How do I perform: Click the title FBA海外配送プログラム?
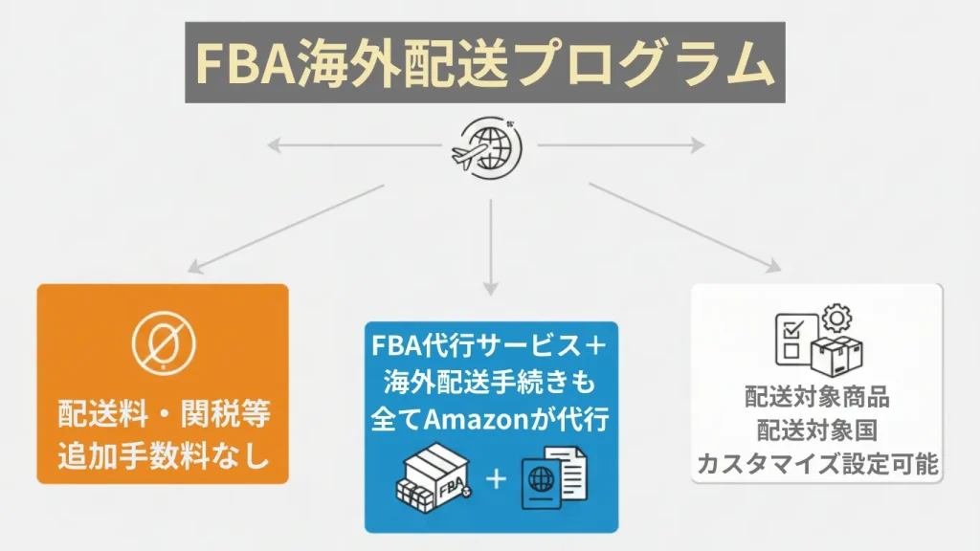click(484, 63)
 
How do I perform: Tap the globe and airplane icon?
click(488, 144)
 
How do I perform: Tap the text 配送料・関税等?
click(163, 416)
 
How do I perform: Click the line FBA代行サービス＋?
click(490, 344)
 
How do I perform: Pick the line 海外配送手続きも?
click(490, 383)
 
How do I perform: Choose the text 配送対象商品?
click(816, 397)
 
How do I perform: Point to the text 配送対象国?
click(816, 430)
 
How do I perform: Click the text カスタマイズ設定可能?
click(816, 465)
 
